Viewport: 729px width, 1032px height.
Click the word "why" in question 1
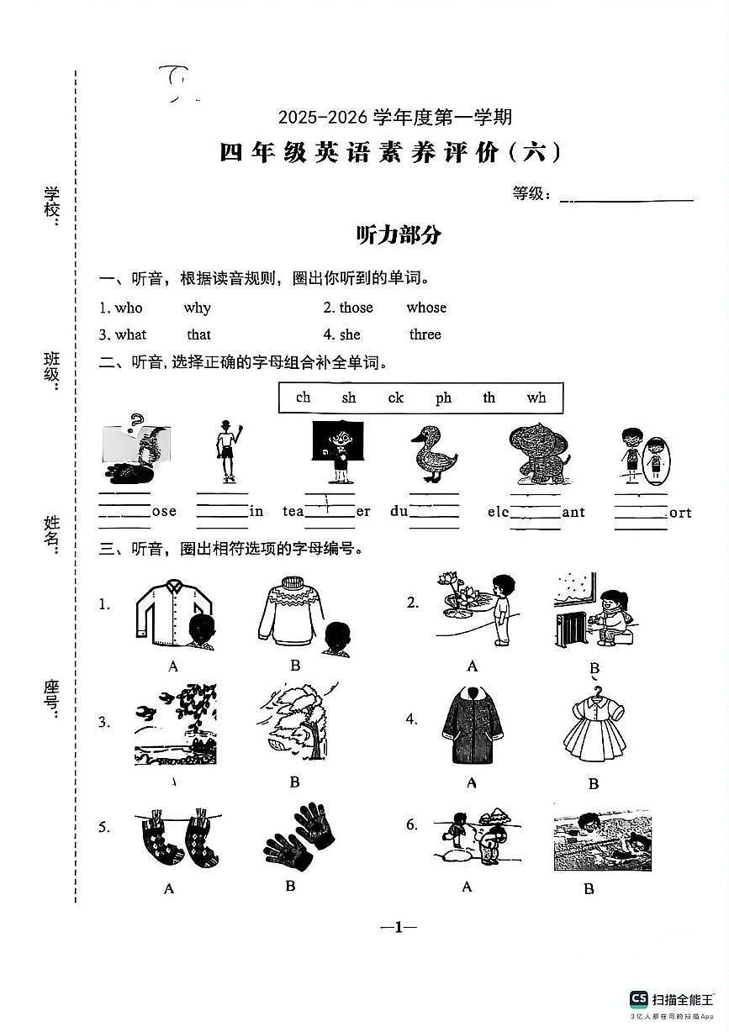coord(197,308)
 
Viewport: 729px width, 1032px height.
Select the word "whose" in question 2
coord(426,308)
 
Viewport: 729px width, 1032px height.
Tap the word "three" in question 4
coord(425,334)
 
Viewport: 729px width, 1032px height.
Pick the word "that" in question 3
coord(198,334)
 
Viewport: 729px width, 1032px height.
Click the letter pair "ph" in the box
coord(443,398)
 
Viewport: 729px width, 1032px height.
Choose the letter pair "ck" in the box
coord(395,398)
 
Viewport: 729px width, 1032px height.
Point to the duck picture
coord(433,454)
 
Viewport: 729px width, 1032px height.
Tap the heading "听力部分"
coord(399,235)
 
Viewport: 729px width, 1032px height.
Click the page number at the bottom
coord(399,927)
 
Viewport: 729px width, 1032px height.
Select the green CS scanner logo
coord(639,998)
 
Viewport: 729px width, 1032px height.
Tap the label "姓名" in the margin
coord(52,534)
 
